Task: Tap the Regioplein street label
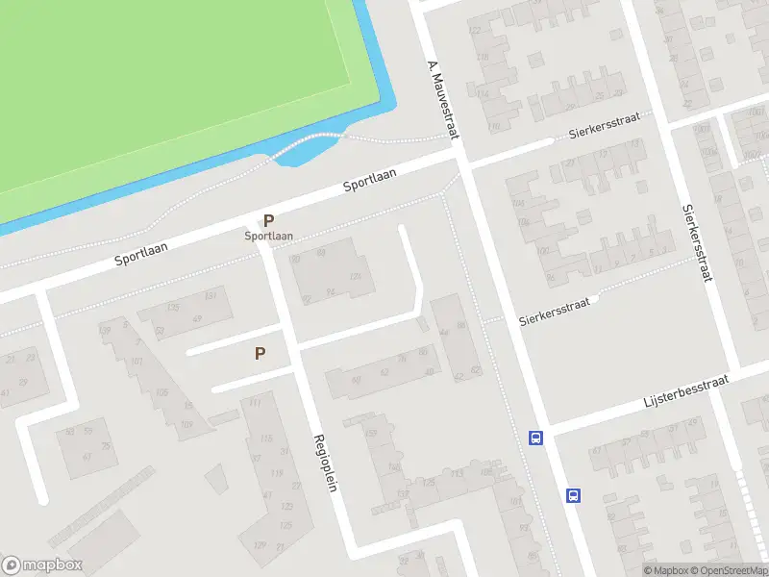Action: click(324, 463)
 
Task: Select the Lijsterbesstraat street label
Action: click(685, 391)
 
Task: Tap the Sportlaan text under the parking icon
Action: click(268, 236)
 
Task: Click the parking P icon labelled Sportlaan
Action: click(268, 220)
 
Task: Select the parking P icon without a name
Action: click(260, 354)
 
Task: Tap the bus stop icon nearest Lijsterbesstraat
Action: click(535, 439)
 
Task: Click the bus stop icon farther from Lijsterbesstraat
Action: click(573, 495)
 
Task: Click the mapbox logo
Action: click(42, 565)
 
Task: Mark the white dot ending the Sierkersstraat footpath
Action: click(596, 299)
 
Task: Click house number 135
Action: click(173, 308)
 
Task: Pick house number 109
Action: click(186, 424)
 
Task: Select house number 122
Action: click(473, 31)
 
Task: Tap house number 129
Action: click(260, 544)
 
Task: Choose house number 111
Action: click(255, 404)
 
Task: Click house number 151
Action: click(211, 294)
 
